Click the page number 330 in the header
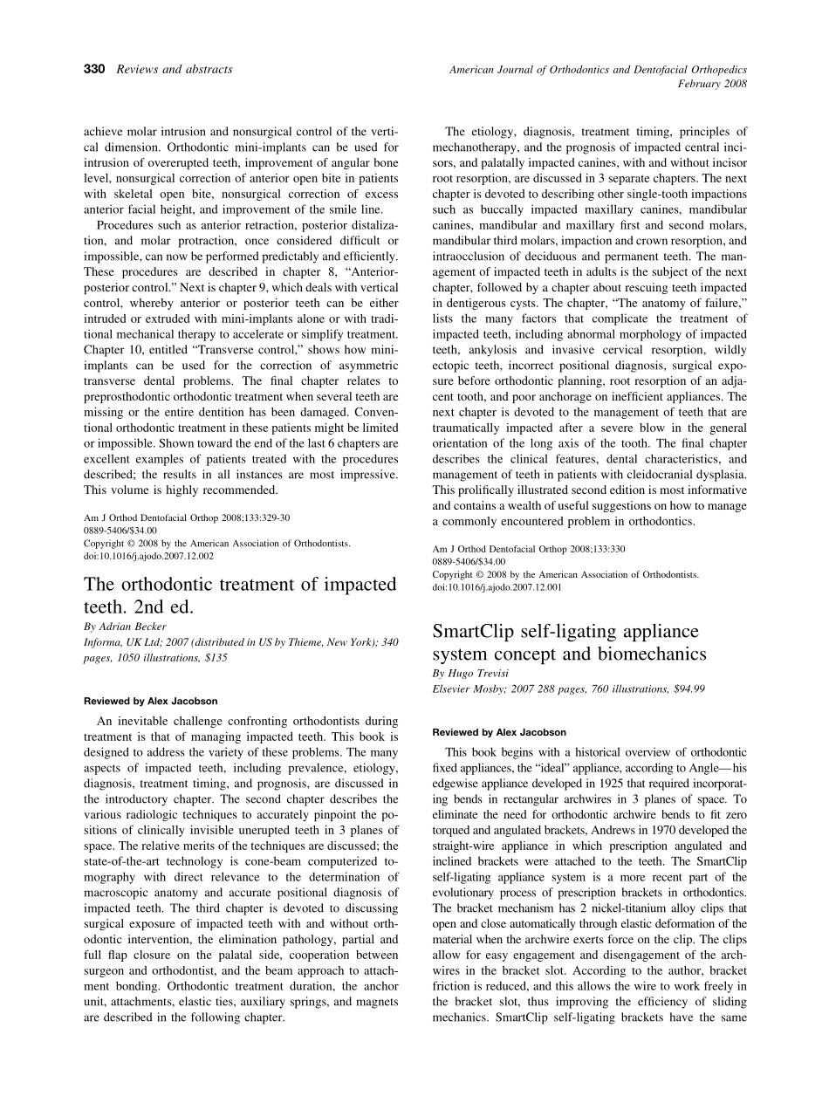pos(93,69)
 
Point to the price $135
pos(216,658)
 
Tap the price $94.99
pos(689,689)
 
